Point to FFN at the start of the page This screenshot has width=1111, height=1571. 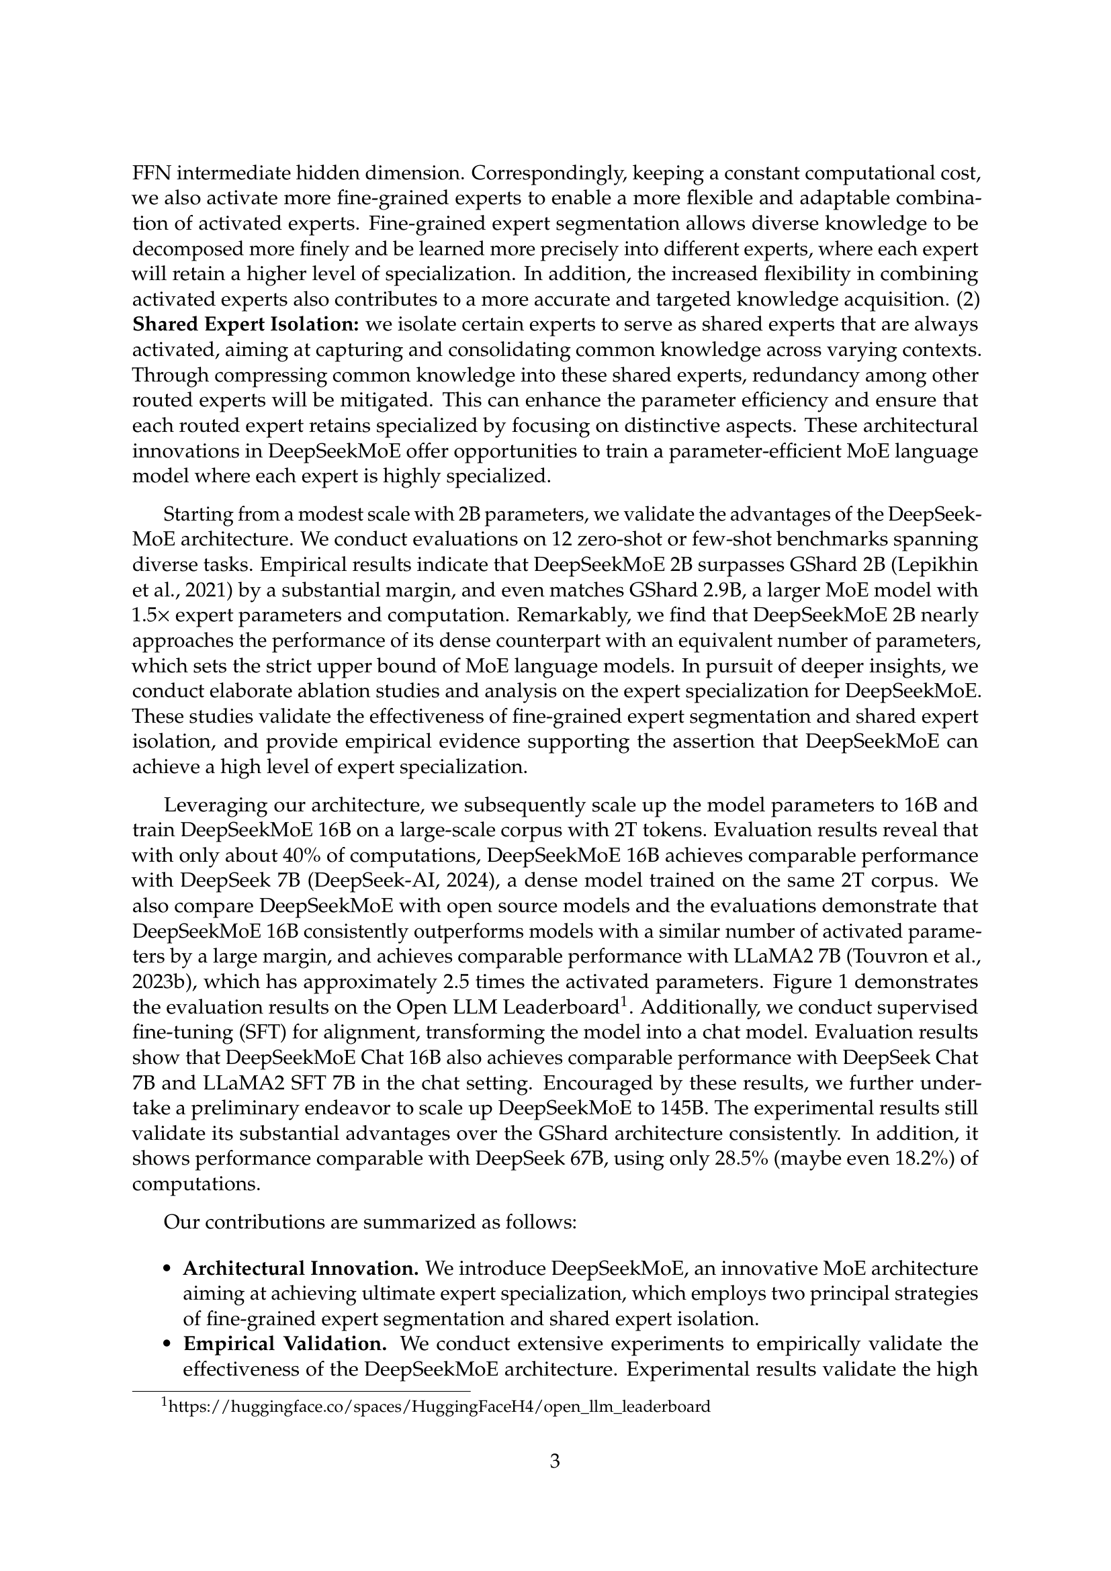click(x=149, y=173)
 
